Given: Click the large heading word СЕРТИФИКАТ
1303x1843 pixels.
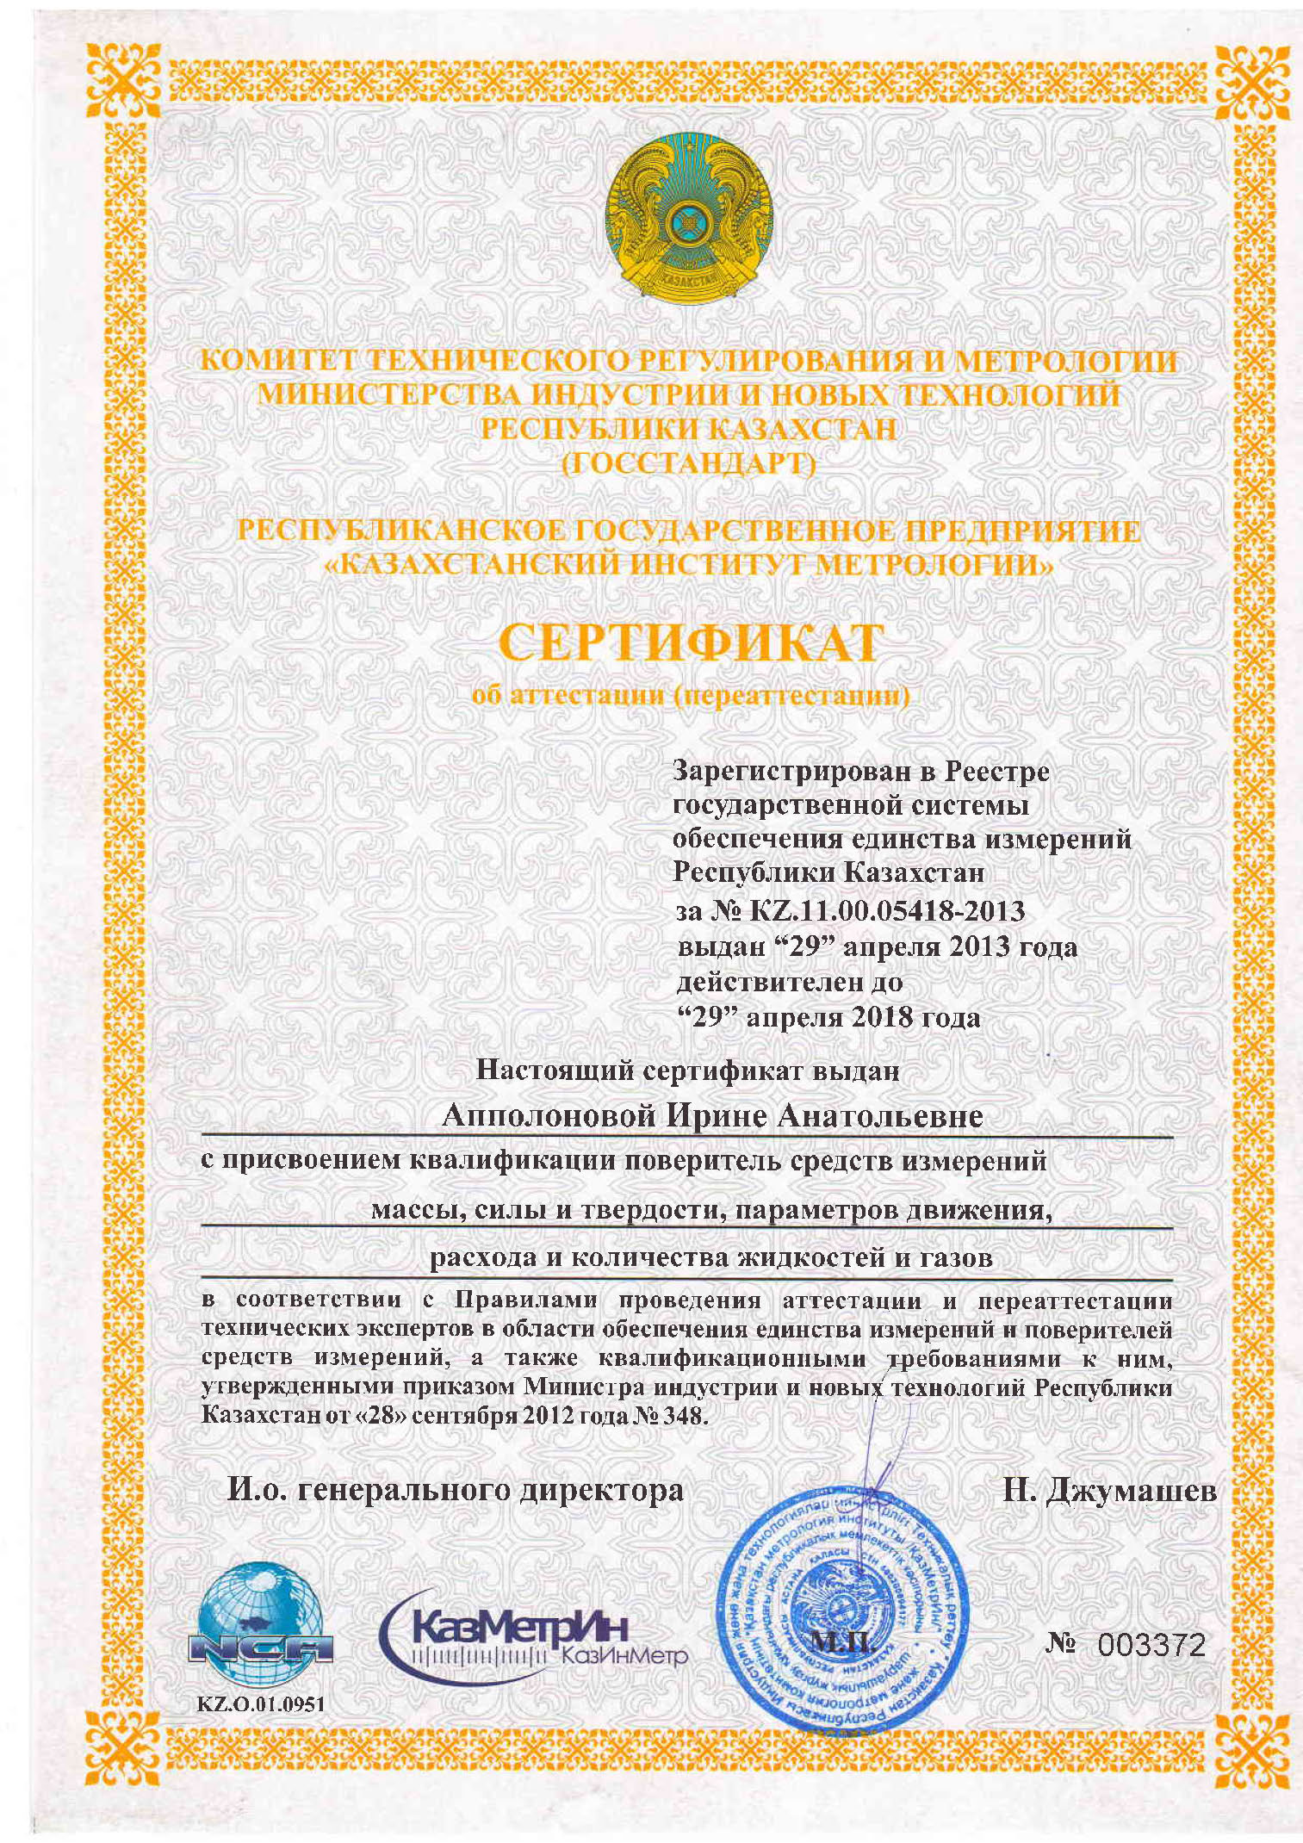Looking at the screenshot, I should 691,643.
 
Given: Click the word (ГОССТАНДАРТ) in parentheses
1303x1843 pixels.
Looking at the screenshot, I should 688,463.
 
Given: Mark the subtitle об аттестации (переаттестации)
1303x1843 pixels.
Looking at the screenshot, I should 691,695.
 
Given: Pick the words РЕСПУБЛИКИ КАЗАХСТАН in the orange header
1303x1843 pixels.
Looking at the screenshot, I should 688,429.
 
